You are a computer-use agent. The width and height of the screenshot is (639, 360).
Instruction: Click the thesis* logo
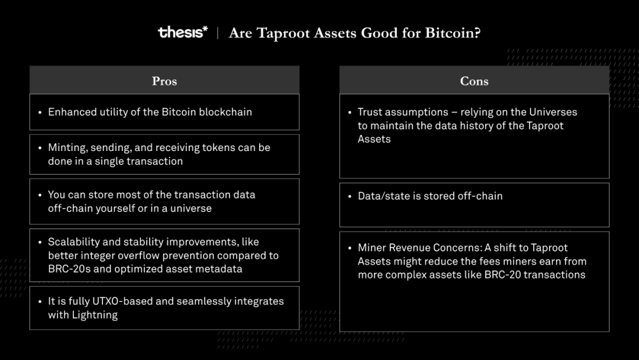(x=183, y=32)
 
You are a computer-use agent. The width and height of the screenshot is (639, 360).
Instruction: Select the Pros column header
(x=164, y=81)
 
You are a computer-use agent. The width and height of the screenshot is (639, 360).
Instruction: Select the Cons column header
(x=475, y=81)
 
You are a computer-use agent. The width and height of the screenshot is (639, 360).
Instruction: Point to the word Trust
(x=370, y=112)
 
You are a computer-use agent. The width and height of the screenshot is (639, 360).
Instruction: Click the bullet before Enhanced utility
(x=40, y=112)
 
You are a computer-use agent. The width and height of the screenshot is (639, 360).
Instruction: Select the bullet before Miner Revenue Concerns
(x=350, y=248)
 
